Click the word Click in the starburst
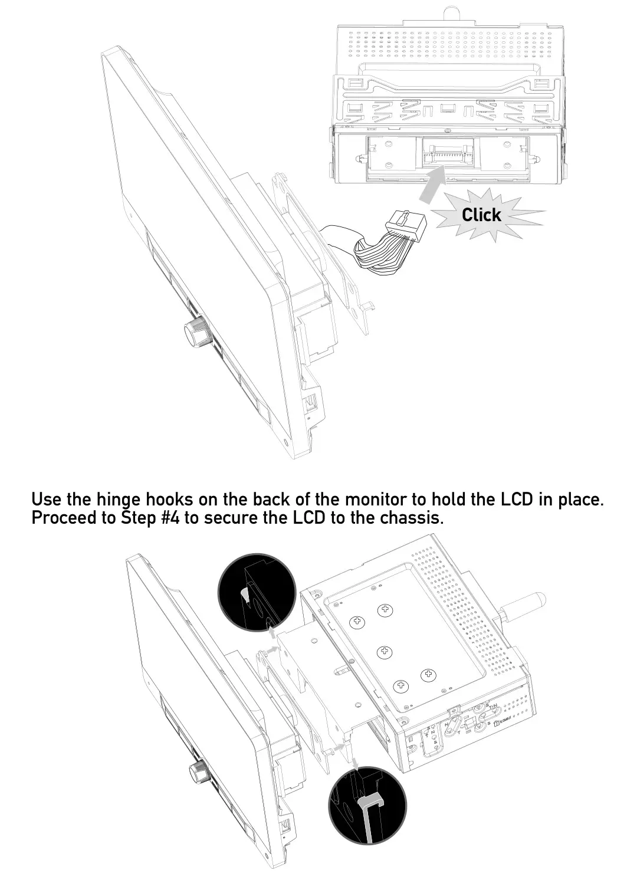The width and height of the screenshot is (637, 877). (x=481, y=215)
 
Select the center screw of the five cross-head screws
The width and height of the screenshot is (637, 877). (x=385, y=651)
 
